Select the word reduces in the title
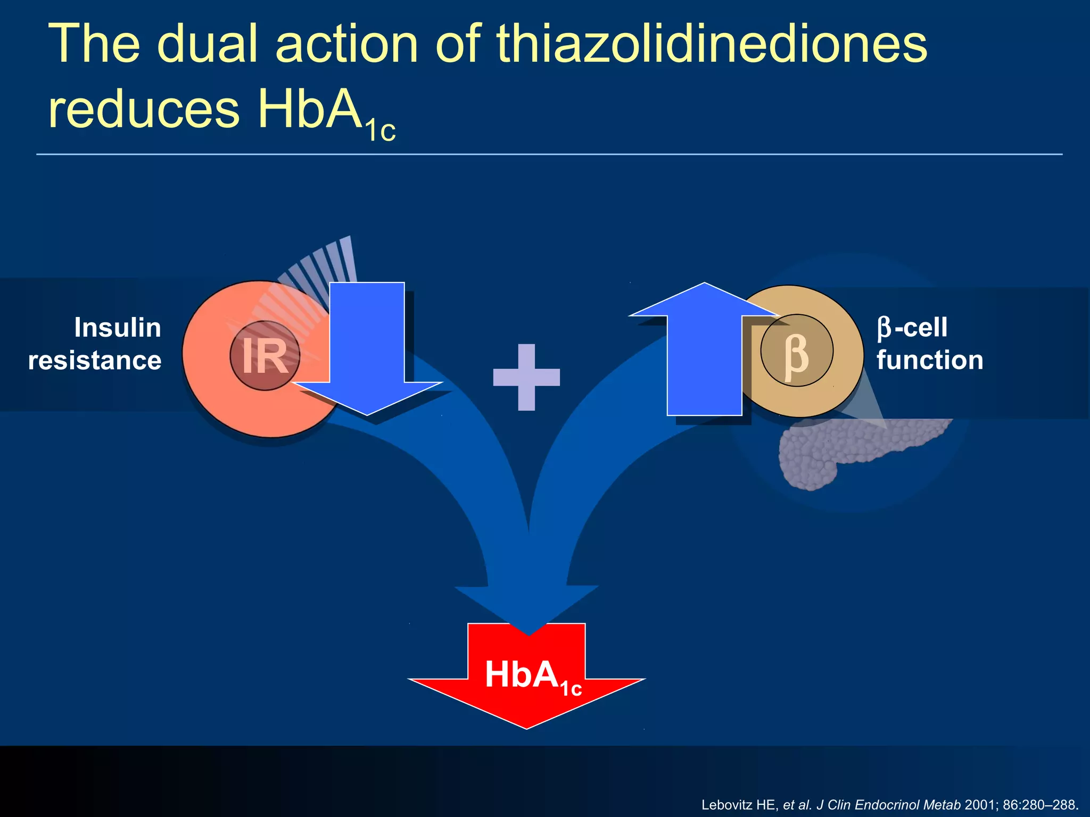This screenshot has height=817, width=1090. tap(144, 109)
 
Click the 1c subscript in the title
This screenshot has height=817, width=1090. tap(381, 130)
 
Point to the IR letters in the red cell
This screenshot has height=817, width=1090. tap(265, 356)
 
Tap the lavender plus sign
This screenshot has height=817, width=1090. tap(526, 377)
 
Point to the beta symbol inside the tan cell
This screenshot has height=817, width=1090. tap(796, 354)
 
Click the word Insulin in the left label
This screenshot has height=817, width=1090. tap(118, 328)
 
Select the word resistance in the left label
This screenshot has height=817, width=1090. tap(95, 361)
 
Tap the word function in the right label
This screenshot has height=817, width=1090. tap(930, 360)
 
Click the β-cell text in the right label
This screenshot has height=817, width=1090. tap(912, 328)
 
